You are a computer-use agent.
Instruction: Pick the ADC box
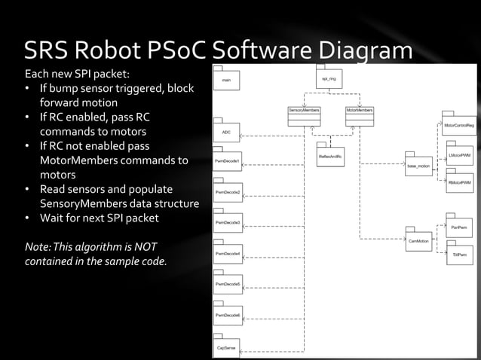click(227, 132)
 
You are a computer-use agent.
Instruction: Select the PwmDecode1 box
click(228, 162)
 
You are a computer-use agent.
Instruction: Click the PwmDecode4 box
click(228, 255)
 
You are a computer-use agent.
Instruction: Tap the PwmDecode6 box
click(228, 315)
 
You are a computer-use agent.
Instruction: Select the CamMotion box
click(418, 242)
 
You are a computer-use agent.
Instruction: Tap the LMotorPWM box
click(459, 156)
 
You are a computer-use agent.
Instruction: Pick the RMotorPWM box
click(459, 183)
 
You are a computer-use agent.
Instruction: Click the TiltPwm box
click(458, 255)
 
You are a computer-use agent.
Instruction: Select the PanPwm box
click(458, 227)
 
